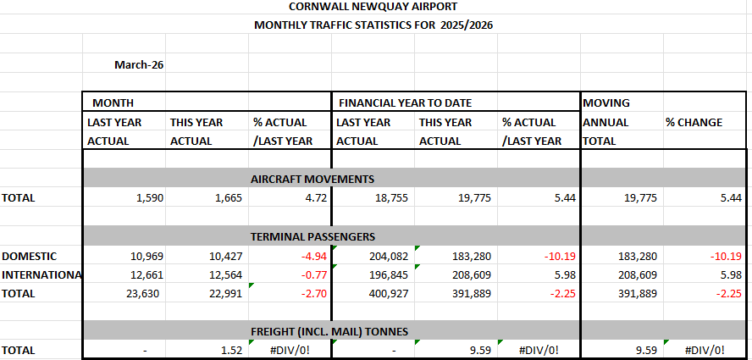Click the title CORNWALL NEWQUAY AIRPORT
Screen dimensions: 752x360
point(373,6)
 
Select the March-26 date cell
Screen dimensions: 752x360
point(139,64)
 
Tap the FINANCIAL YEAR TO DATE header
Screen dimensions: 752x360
point(406,102)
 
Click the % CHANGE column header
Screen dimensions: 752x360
point(694,122)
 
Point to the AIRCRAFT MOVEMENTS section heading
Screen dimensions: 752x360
point(312,179)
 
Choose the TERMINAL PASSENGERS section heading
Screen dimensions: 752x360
point(312,236)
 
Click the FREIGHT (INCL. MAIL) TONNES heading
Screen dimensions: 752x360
point(329,331)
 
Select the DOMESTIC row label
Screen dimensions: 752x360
point(30,257)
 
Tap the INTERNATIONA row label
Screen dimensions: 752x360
point(41,275)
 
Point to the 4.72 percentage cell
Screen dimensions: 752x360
point(316,198)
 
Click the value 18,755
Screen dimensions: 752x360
point(391,198)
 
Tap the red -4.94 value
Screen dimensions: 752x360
point(313,257)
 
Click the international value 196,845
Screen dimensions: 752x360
point(389,275)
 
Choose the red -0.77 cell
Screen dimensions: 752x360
point(313,275)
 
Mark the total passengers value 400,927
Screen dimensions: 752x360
point(389,294)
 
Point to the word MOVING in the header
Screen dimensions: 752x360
point(606,102)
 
